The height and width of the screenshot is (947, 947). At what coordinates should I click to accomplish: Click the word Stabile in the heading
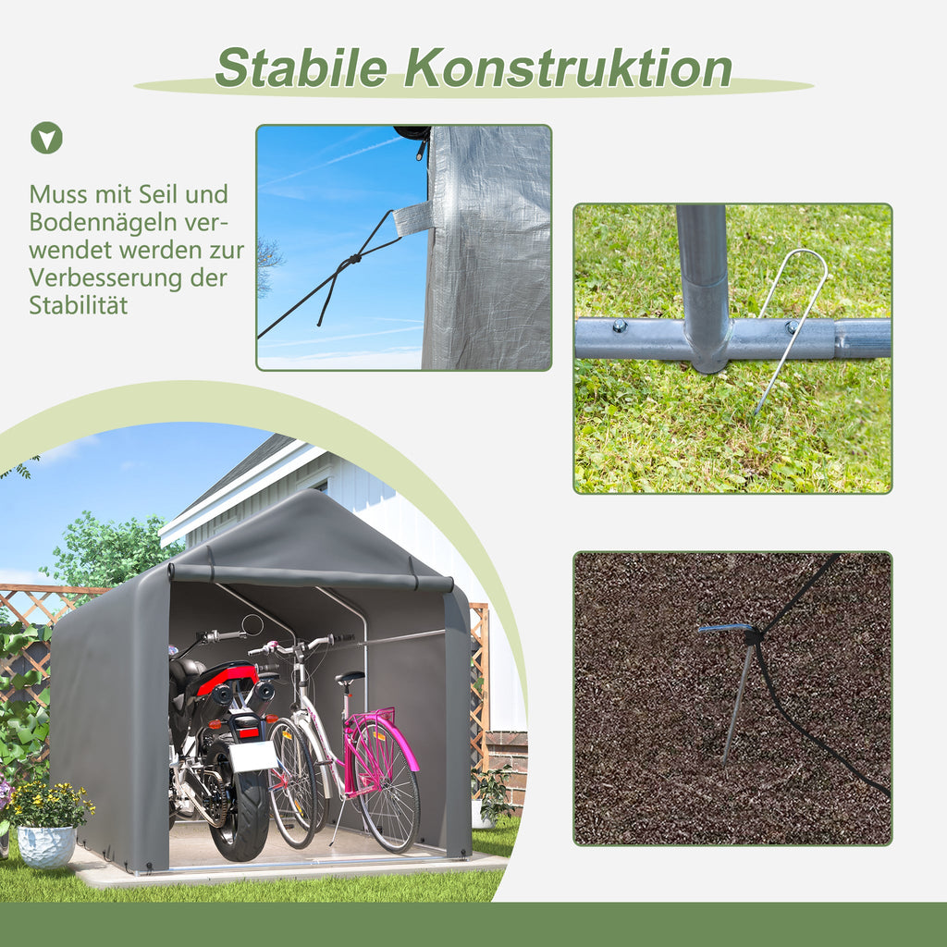pos(301,68)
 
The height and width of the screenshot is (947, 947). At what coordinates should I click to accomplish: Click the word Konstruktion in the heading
pos(569,68)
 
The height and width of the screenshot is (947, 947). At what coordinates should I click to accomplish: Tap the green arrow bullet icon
pos(46,138)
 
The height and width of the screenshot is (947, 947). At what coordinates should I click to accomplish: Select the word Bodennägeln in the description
pos(104,222)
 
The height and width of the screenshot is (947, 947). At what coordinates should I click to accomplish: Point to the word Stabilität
pos(79,305)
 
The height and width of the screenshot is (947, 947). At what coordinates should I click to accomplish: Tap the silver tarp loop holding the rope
pos(413,218)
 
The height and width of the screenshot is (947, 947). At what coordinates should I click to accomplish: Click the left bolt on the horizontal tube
pos(620,326)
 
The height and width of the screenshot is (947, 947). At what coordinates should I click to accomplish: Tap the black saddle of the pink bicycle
pos(350,678)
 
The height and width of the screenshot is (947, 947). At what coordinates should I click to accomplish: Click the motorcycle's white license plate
pos(252,756)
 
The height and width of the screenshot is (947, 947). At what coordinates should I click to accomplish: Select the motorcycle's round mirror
pos(252,625)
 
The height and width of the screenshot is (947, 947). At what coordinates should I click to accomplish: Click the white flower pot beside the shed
pos(46,846)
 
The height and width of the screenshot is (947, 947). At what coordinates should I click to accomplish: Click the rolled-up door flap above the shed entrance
pos(311,577)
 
